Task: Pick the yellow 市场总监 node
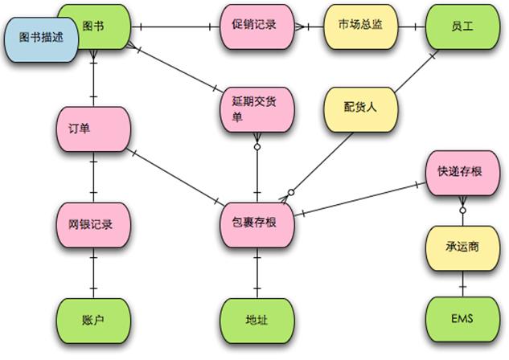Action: [360, 25]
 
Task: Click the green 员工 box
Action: [462, 27]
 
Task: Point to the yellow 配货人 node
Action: [359, 108]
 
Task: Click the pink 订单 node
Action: [95, 129]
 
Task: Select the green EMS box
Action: [462, 319]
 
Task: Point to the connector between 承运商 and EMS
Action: [462, 283]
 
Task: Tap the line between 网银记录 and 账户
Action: [95, 273]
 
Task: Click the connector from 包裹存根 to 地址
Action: [257, 273]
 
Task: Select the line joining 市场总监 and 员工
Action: [411, 26]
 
